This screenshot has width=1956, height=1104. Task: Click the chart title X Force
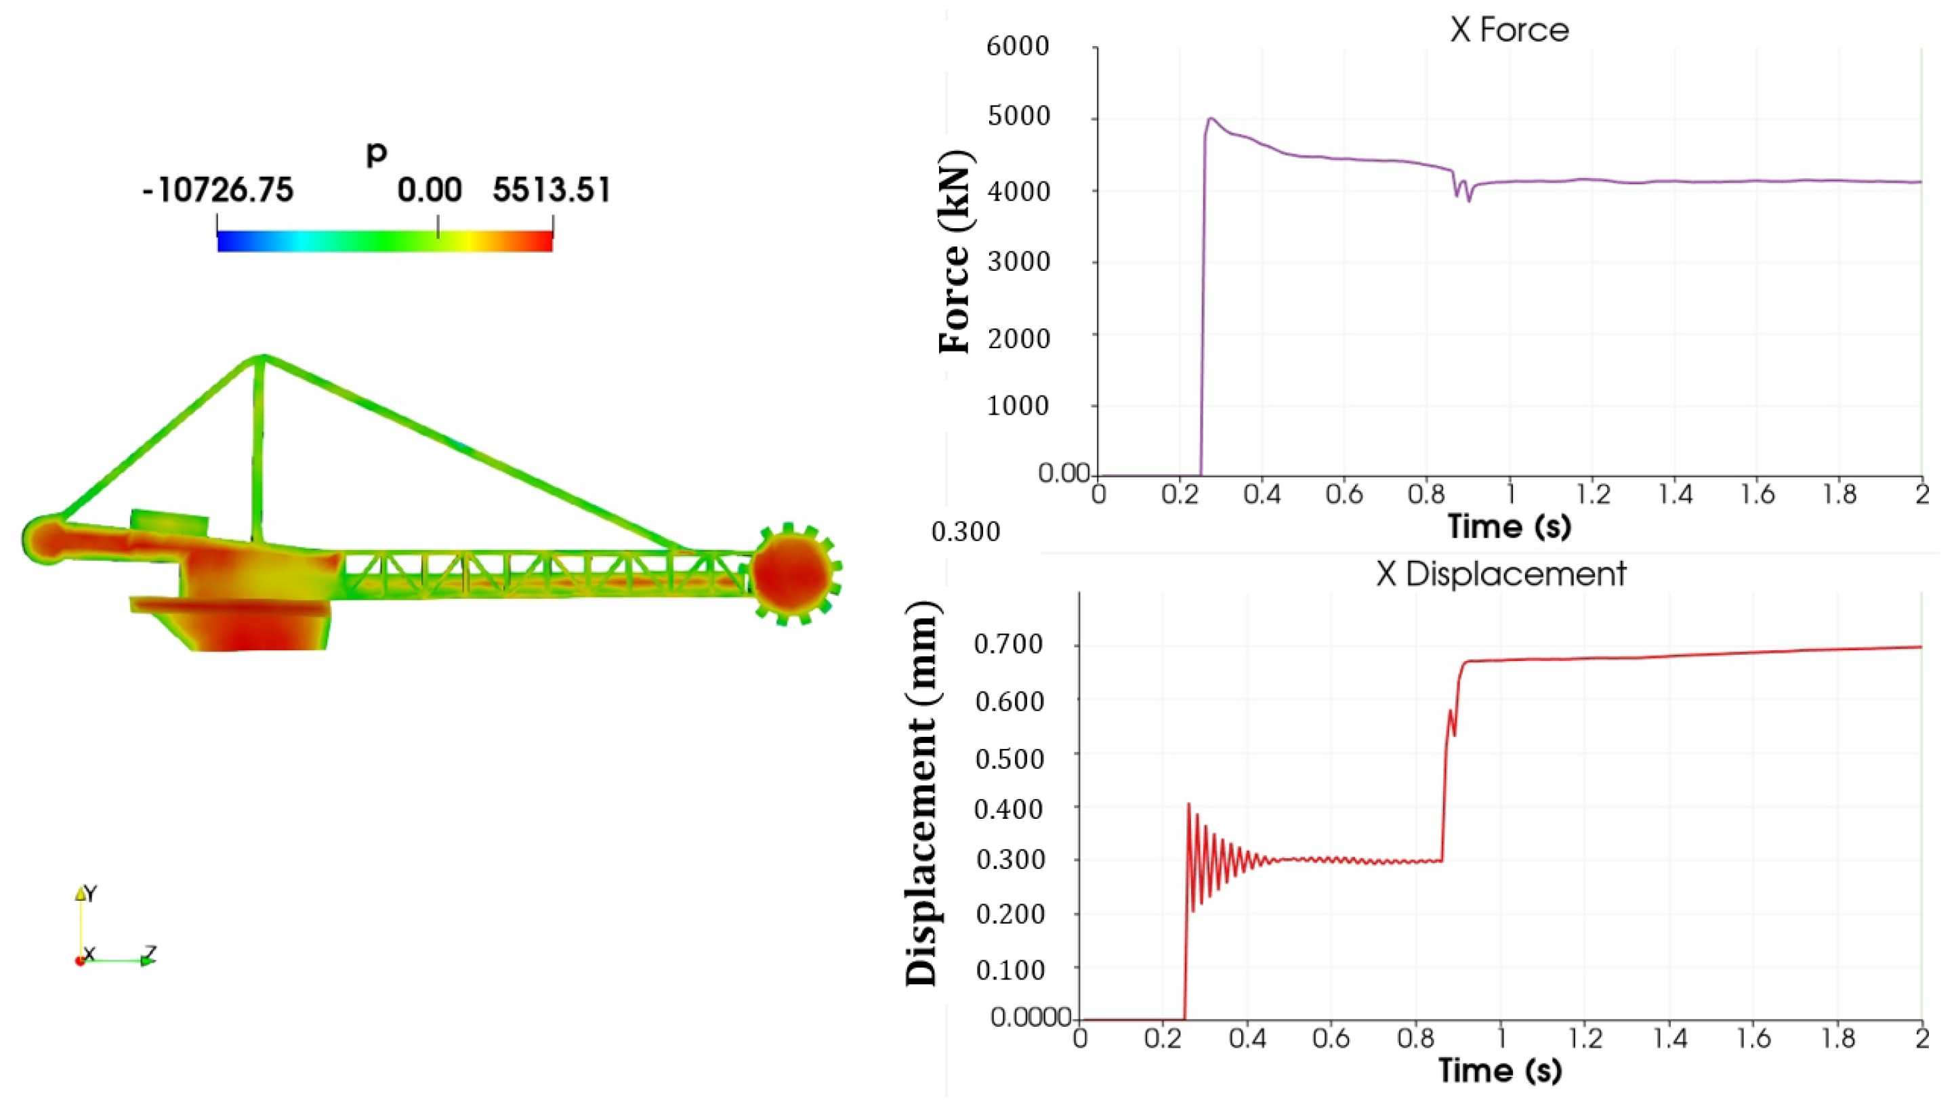pos(1509,30)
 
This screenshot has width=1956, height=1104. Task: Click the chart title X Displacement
pos(1501,574)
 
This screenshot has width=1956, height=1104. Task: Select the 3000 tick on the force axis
pos(1018,262)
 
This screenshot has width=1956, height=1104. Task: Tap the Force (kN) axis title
pos(955,251)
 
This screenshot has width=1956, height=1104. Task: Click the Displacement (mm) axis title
pos(923,793)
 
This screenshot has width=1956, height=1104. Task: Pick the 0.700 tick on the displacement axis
pos(1008,645)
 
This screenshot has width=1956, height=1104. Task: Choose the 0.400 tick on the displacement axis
pos(1008,809)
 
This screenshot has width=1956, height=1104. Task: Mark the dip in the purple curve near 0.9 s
pos(1468,200)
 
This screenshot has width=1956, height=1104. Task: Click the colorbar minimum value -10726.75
pos(217,190)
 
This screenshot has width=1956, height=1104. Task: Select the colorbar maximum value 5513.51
pos(552,190)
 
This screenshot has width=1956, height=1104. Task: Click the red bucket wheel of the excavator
pos(791,573)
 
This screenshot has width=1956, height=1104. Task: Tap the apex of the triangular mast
pos(262,356)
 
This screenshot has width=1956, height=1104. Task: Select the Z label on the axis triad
pos(150,953)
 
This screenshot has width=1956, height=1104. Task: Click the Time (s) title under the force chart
pos(1509,526)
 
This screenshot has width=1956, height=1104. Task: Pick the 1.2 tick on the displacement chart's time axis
pos(1585,1039)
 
